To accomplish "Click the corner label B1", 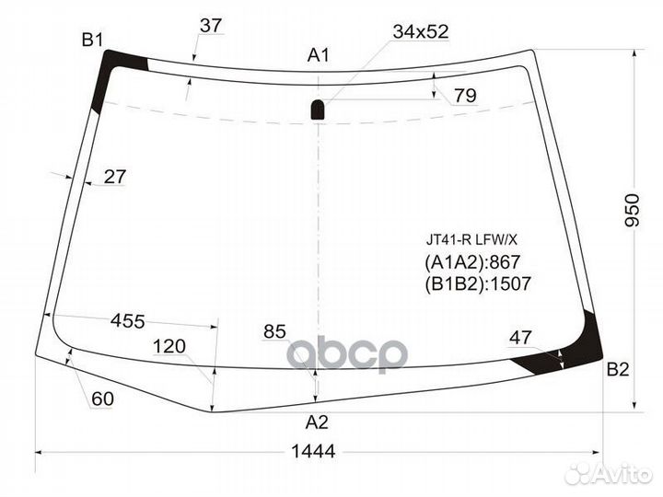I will [x=92, y=40].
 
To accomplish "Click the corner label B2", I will [x=617, y=370].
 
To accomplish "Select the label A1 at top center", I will [x=318, y=57].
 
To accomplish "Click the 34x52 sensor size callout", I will [x=420, y=32].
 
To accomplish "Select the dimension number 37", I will [x=211, y=26].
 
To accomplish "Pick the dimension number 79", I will [x=465, y=95].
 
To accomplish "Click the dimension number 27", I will [x=114, y=178].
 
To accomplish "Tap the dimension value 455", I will [x=128, y=321].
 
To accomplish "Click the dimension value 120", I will [x=169, y=346].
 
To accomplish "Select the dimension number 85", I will [x=274, y=329].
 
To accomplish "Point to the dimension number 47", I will [x=521, y=338].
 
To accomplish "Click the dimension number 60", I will [x=102, y=399].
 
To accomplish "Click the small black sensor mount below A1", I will [x=317, y=110].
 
